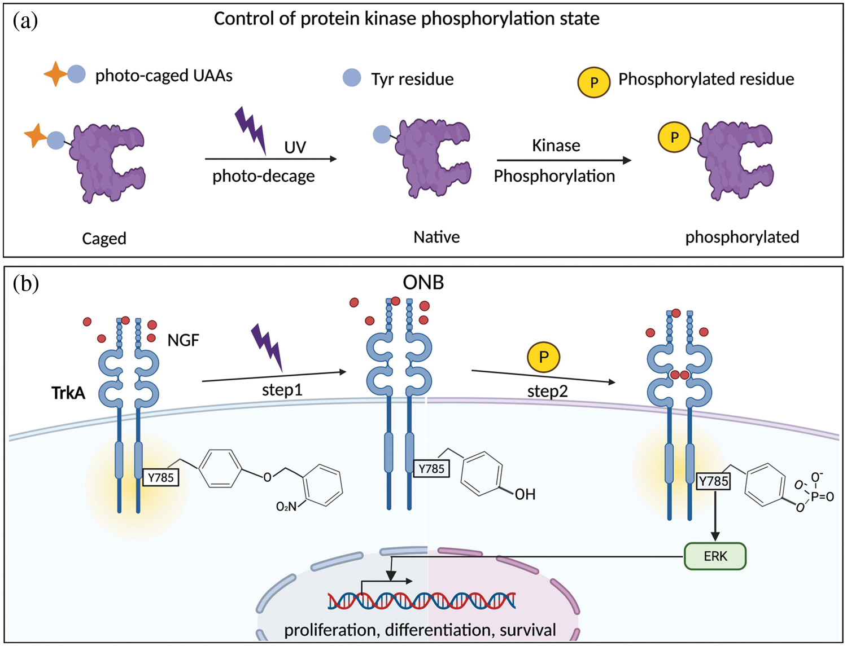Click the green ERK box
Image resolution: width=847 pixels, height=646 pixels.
point(715,556)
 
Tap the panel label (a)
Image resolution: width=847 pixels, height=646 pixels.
point(25,21)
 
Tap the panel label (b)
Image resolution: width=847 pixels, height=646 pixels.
point(25,283)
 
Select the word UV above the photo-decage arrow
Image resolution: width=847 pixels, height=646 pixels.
point(295,148)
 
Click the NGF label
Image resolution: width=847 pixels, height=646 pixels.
point(183,340)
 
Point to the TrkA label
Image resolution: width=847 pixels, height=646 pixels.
point(68,393)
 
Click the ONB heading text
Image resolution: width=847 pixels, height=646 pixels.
point(423,282)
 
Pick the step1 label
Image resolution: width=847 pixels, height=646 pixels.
point(282,390)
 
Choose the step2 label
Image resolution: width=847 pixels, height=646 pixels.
point(547,391)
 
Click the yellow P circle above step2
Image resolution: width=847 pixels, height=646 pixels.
point(543,357)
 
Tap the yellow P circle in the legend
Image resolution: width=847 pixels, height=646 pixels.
point(593,82)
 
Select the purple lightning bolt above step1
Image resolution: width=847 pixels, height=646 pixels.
point(267,346)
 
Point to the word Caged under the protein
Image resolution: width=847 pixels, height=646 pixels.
point(104,239)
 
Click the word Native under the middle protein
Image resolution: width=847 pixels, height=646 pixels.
point(436,237)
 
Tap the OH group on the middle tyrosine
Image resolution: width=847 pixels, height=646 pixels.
point(525,494)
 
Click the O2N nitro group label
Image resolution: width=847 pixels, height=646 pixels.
point(286,507)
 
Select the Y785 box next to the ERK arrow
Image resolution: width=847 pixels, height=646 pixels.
point(713,481)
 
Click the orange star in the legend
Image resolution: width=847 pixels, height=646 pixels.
point(55,74)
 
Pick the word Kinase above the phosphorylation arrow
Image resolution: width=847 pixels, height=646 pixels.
point(556,146)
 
